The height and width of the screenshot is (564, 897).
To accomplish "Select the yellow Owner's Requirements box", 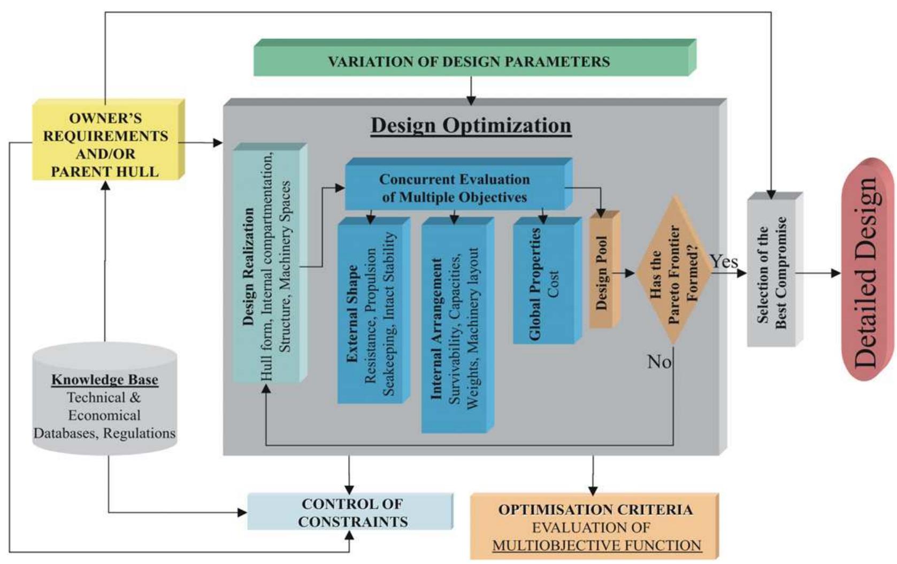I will point(106,143).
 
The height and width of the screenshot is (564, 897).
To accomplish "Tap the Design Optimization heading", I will point(471,125).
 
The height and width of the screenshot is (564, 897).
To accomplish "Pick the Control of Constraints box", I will point(351,512).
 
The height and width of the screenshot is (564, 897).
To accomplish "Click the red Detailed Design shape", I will point(867,270).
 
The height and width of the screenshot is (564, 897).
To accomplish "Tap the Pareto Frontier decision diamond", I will point(673,270).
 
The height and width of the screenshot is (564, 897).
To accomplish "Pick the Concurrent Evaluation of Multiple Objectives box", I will point(455,188).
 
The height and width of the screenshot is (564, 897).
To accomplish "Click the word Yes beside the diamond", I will point(724,262).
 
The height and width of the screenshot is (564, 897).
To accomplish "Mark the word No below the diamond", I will point(659,362).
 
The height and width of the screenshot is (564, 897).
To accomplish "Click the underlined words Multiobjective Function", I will point(596,545).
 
